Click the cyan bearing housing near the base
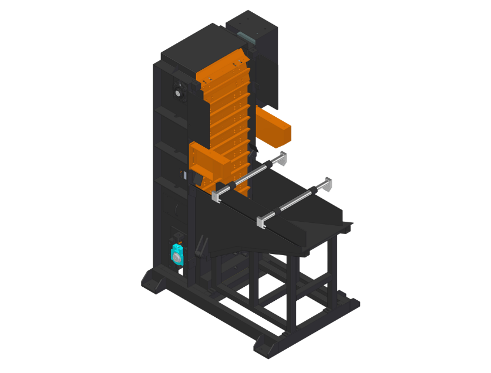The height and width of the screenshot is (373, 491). point(177,255)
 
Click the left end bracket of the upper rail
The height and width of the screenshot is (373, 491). point(216,196)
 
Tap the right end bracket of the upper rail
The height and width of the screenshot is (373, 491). point(283,158)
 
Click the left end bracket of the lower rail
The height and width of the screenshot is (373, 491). point(261,222)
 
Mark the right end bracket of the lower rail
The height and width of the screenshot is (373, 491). point(327,183)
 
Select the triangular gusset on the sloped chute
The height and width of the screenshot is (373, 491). point(320,226)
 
